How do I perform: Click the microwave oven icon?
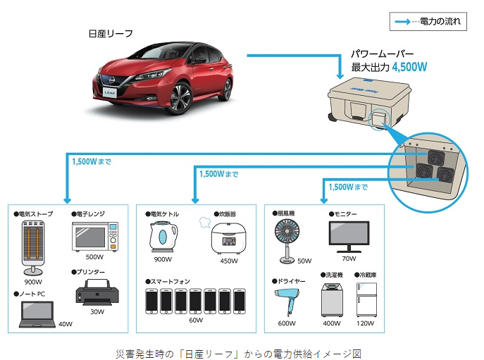(95, 236)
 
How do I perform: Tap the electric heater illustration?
(33, 248)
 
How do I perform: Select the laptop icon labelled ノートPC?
(37, 314)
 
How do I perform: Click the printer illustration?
(97, 292)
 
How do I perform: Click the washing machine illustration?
(332, 299)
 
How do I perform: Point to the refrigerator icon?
(366, 299)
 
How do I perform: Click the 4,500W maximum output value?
(409, 67)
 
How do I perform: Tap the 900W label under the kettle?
(163, 259)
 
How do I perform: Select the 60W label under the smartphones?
(196, 320)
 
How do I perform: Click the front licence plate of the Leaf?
(110, 92)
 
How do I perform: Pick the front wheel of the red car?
(180, 98)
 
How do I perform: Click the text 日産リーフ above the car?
(111, 34)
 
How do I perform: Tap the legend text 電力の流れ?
(440, 21)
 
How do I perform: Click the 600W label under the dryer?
(287, 323)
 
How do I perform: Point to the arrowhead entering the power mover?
(340, 76)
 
